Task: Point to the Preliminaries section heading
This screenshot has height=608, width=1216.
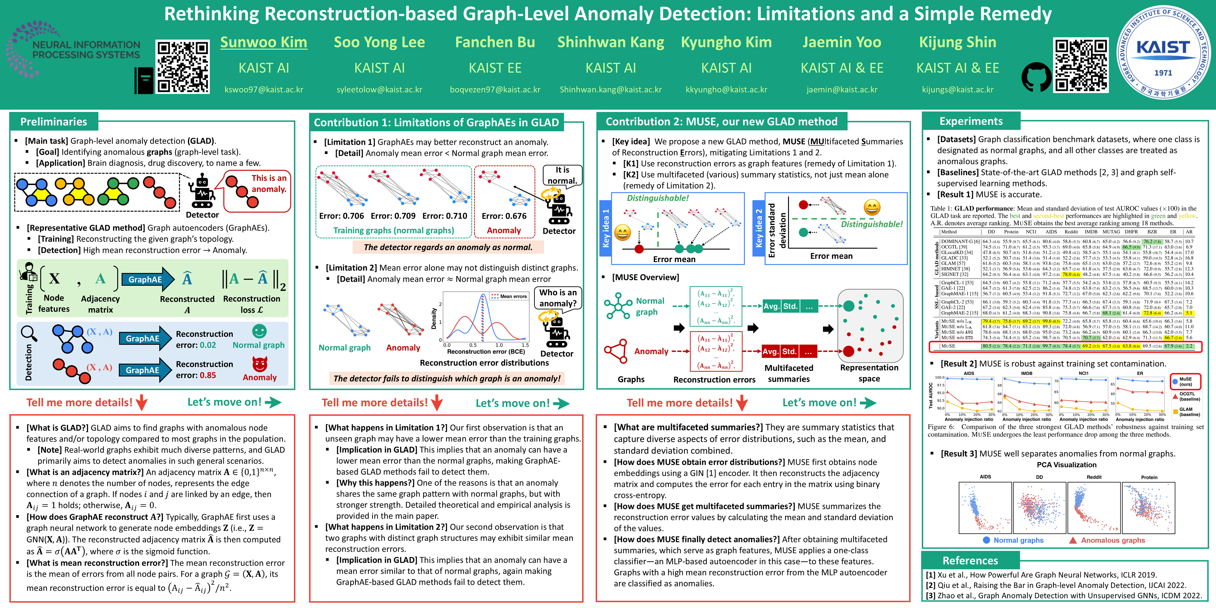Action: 53,122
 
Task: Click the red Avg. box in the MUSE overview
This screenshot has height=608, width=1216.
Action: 770,352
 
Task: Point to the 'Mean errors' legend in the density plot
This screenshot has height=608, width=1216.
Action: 509,296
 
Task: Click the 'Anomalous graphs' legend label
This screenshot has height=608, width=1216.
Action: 1113,540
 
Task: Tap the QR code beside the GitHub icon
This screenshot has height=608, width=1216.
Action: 1081,65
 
